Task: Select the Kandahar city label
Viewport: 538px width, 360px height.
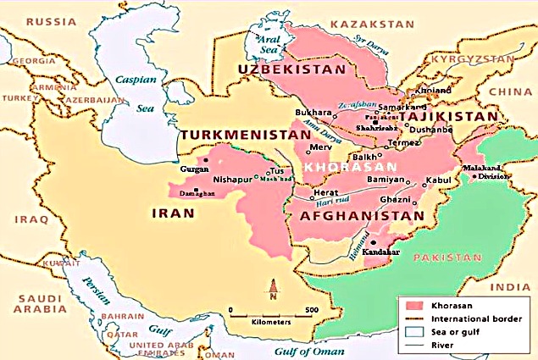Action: click(x=381, y=252)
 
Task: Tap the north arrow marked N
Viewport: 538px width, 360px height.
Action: click(x=272, y=292)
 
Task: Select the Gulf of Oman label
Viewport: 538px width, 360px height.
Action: click(x=309, y=351)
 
